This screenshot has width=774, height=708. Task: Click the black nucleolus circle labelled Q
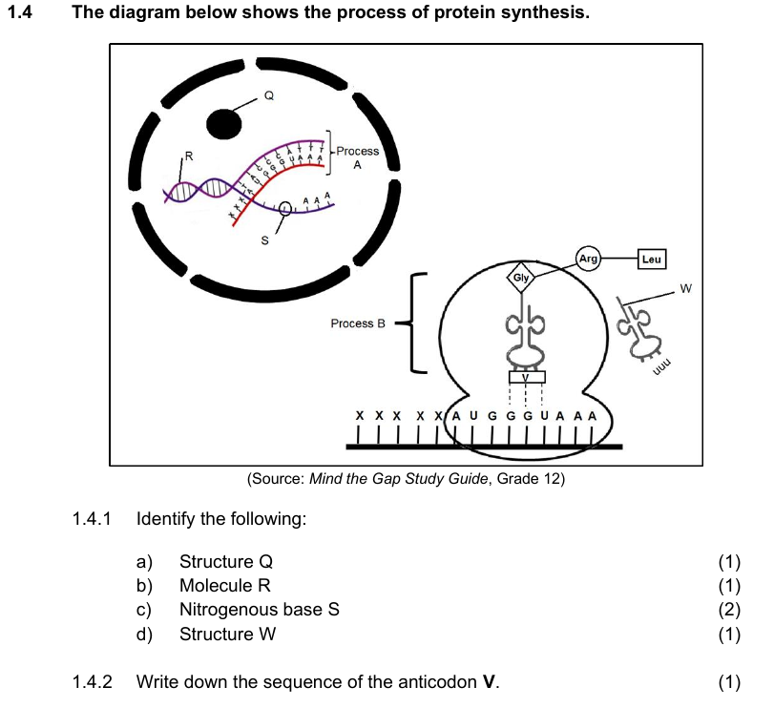[224, 122]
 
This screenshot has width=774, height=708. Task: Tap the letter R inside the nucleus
[188, 154]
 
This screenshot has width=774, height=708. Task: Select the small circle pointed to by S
[285, 208]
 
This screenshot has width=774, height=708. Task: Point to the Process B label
[358, 323]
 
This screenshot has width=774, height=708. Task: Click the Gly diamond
[521, 277]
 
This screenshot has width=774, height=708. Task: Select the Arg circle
[588, 259]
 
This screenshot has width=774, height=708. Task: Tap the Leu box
[653, 259]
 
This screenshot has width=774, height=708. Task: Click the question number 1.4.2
[92, 682]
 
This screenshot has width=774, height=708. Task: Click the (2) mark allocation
[729, 610]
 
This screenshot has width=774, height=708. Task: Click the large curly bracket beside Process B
[412, 323]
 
